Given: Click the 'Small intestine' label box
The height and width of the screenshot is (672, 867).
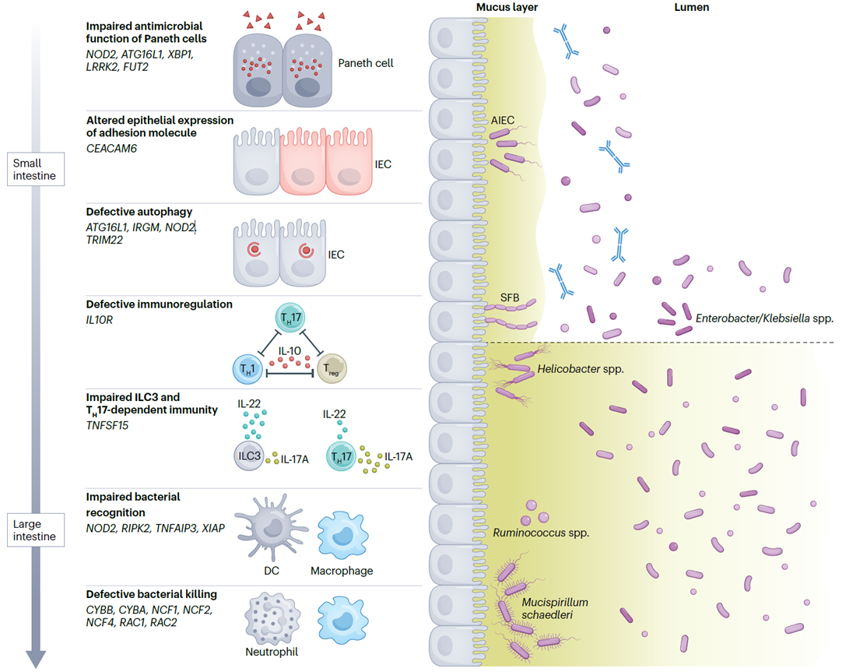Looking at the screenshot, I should (x=35, y=169).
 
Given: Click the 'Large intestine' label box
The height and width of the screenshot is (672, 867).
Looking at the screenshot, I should (x=35, y=530).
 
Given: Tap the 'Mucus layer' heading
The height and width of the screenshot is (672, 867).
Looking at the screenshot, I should (x=507, y=8).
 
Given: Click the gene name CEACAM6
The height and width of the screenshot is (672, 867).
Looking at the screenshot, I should (x=111, y=148).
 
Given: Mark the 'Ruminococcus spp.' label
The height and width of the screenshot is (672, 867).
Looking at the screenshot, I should (x=541, y=533).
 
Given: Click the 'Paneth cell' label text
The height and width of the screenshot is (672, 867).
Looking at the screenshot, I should (x=366, y=63).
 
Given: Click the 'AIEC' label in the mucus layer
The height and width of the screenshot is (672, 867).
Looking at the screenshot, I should (x=502, y=121).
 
